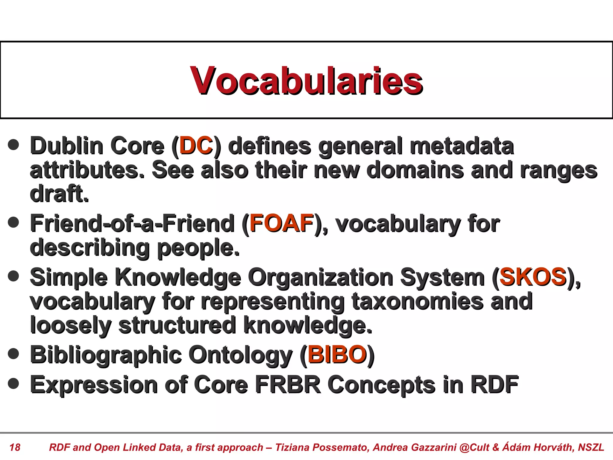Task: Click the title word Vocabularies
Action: click(x=306, y=81)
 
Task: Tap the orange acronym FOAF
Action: click(x=282, y=223)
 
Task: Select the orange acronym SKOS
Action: click(x=533, y=277)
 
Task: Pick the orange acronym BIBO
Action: click(x=337, y=355)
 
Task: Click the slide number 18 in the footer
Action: click(x=15, y=447)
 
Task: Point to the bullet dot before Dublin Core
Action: click(x=13, y=145)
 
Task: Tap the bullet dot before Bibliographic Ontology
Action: click(x=13, y=353)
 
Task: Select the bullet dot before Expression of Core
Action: click(x=13, y=383)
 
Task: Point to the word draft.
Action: click(x=59, y=194)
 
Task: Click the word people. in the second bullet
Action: click(x=198, y=248)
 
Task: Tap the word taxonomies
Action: click(x=418, y=301)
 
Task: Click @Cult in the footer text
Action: click(x=474, y=447)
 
